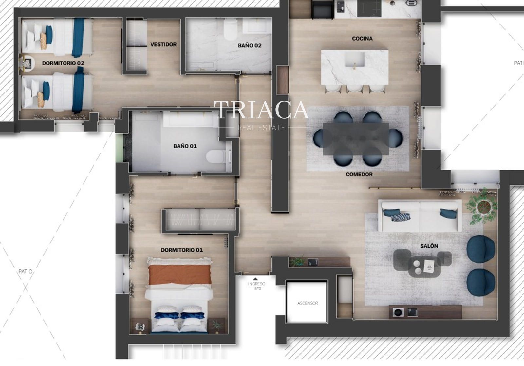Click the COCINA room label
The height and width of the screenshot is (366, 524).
tap(362, 39)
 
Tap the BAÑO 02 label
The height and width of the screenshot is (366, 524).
tap(249, 45)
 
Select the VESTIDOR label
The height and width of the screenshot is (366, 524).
tap(163, 44)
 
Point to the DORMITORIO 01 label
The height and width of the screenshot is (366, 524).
tap(181, 250)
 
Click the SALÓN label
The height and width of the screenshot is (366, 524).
tap(429, 246)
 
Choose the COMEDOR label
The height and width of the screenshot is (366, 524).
tap(359, 174)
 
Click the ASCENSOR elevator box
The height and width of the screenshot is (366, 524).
tap(307, 302)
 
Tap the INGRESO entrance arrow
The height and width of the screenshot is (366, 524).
tap(255, 279)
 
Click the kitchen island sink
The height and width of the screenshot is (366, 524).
tap(355, 60)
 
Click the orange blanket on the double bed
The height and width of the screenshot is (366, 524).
tap(180, 274)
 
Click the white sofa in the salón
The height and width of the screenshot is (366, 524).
tap(420, 215)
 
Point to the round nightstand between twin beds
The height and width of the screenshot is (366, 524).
tap(27, 63)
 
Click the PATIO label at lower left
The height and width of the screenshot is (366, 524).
tap(25, 271)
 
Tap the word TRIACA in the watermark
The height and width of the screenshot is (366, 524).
tap(261, 110)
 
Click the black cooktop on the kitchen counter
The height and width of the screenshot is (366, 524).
tap(369, 8)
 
